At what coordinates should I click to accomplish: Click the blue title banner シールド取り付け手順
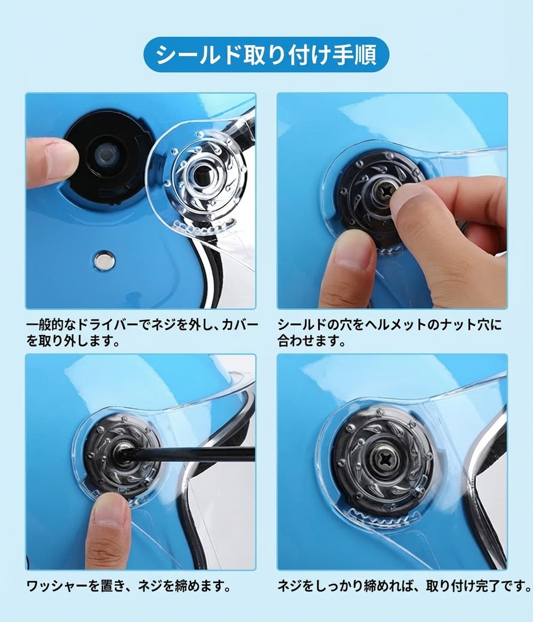coord(266,54)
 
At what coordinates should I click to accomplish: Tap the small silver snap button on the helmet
coord(105,261)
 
